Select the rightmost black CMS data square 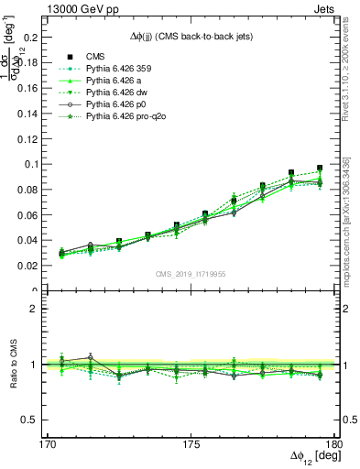pos(320,169)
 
